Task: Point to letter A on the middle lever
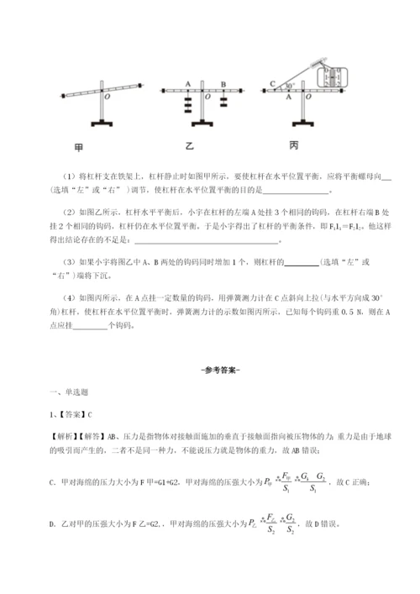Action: point(189,83)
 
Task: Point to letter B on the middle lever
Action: point(223,83)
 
